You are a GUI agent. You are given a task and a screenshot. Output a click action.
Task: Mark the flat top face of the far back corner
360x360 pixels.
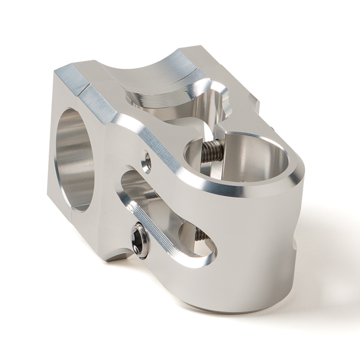[x=194, y=52]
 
